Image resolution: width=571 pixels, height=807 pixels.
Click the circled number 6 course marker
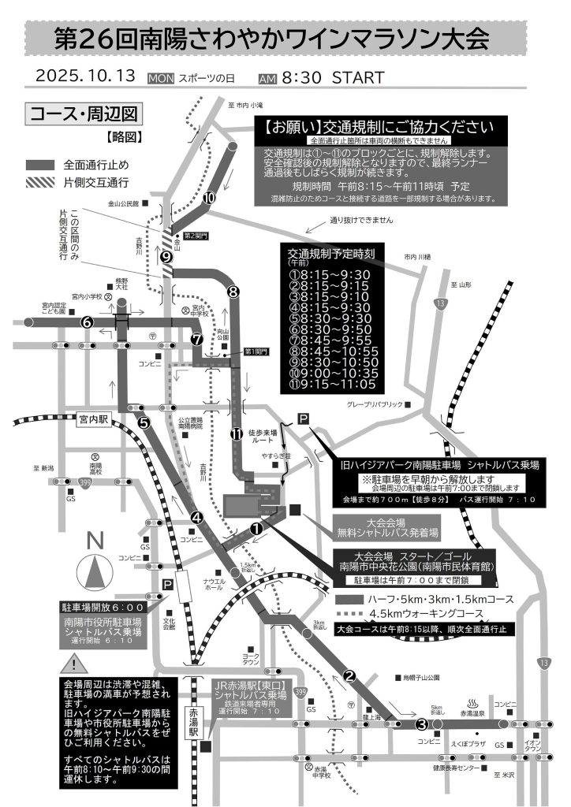87,322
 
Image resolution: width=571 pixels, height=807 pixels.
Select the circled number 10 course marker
209,198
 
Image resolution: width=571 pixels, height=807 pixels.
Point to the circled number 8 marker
233,292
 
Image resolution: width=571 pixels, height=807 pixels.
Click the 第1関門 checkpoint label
256,351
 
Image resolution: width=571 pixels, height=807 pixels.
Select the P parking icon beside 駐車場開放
167,584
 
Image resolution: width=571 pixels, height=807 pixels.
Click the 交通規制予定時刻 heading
335,254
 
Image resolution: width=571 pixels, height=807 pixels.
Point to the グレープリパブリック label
372,404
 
